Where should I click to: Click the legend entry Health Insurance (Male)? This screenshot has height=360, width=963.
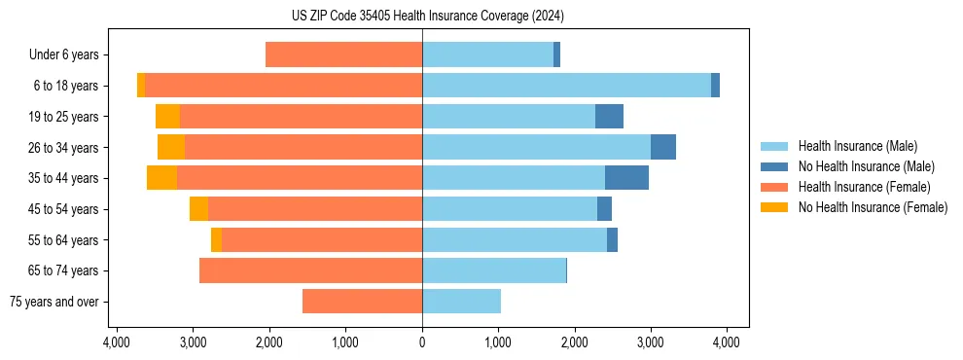click(x=857, y=146)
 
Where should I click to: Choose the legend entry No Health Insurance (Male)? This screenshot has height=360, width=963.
click(x=866, y=166)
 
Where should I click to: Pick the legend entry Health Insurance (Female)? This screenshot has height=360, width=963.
click(x=865, y=187)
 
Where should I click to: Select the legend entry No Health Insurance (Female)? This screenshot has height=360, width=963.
click(x=873, y=207)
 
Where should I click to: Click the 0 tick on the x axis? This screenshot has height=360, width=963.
click(x=422, y=342)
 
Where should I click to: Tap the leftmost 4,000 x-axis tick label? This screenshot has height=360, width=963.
click(x=117, y=342)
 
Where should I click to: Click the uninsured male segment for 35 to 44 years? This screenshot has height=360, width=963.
click(x=626, y=178)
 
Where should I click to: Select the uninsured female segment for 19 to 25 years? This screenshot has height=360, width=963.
click(x=167, y=117)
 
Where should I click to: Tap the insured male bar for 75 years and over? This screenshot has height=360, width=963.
click(x=461, y=302)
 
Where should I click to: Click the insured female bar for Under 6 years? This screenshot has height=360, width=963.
click(x=343, y=55)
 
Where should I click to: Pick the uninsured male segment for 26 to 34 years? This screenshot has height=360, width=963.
click(x=662, y=148)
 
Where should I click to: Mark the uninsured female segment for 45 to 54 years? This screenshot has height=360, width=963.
click(x=198, y=209)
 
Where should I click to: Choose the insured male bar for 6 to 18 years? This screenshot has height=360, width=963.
click(x=566, y=86)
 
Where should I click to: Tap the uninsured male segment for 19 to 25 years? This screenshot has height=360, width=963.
click(x=609, y=117)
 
